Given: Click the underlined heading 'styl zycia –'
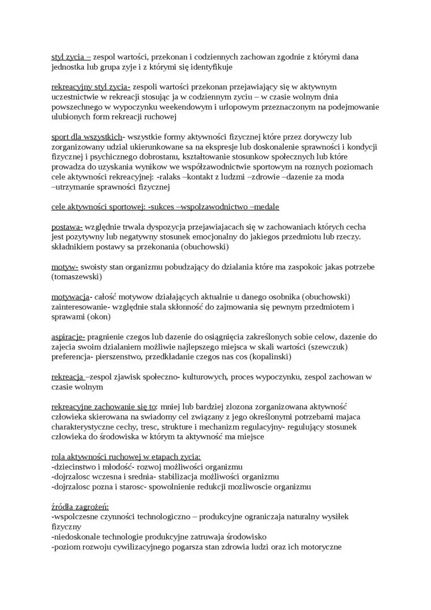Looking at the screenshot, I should tap(71, 57).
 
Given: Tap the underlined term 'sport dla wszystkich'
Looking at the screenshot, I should tap(86, 137).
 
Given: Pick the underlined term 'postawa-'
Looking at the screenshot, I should tap(67, 226).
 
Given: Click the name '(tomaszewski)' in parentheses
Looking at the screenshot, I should tap(77, 277).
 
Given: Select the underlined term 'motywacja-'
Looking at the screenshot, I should tap(71, 297).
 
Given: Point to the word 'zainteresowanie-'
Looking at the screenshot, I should tap(81, 307).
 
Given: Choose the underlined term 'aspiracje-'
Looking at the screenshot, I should tap(68, 336).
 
